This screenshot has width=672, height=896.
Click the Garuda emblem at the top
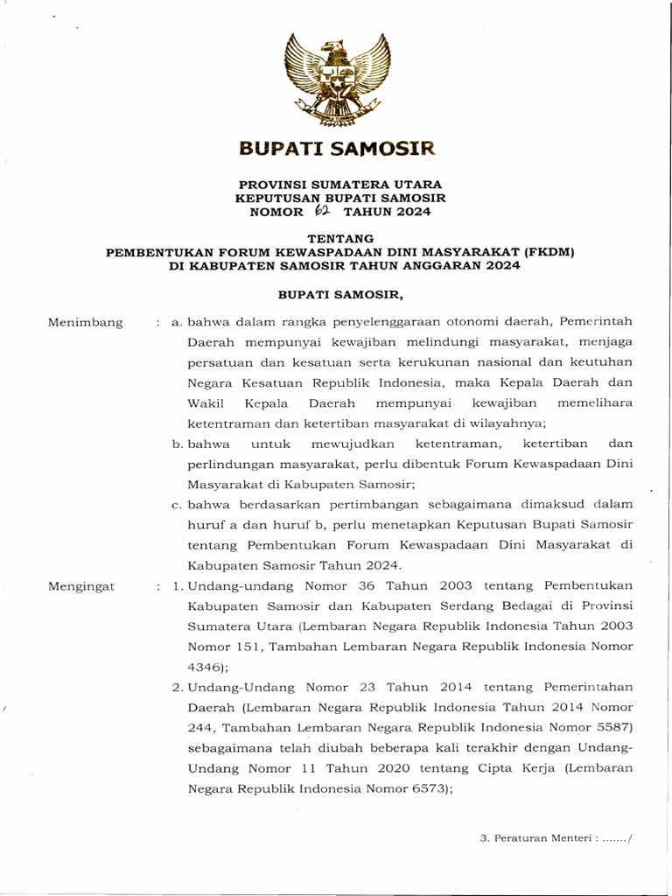[x=336, y=80]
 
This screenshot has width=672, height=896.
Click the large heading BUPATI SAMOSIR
[x=336, y=149]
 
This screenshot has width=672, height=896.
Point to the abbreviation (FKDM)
[x=545, y=253]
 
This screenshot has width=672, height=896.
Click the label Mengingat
[x=82, y=585]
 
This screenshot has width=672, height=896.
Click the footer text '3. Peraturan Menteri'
[x=529, y=837]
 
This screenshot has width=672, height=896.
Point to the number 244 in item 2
[x=201, y=727]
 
